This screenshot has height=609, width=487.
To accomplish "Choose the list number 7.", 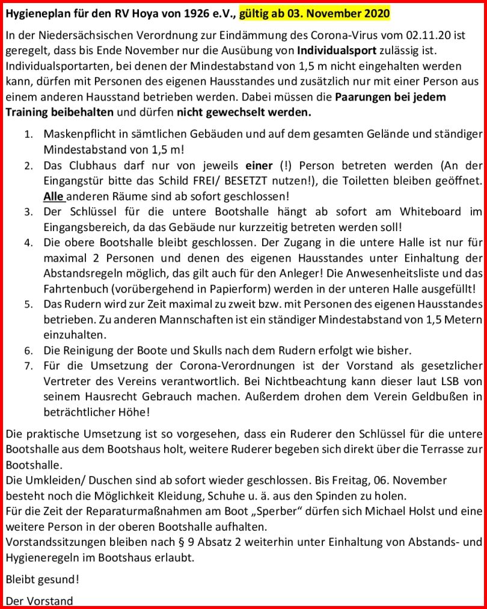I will [28, 366].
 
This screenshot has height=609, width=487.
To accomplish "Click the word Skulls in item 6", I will [195, 350].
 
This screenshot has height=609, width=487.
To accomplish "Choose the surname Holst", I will [421, 511].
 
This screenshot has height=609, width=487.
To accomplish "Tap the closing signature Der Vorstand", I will [39, 601].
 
